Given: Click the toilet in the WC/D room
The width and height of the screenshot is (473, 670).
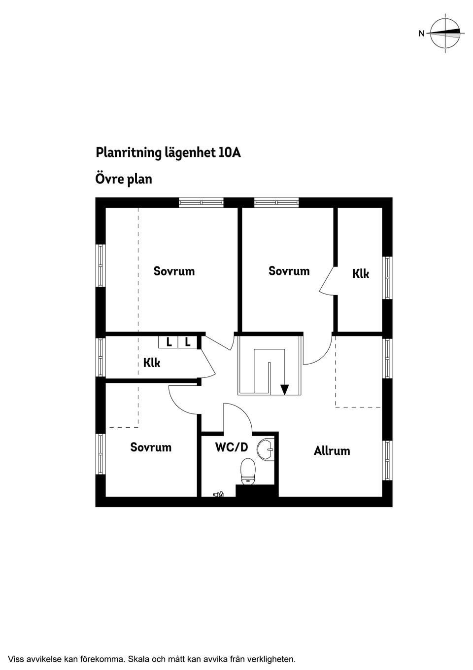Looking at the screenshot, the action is click(248, 472).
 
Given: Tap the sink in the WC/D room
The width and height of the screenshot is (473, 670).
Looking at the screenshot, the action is click(266, 449).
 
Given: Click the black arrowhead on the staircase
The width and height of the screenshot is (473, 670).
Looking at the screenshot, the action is click(285, 389).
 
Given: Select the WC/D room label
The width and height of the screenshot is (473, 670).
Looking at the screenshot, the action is click(232, 447).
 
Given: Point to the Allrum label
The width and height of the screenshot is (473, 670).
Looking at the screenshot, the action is click(332, 451).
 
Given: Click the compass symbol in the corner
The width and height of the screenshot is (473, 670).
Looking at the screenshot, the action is click(445, 33).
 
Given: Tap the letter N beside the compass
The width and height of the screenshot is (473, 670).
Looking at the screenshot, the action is click(421, 34).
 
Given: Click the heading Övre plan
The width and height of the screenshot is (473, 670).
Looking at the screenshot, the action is click(124, 179).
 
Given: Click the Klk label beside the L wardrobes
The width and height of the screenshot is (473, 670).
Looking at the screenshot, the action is click(152, 363).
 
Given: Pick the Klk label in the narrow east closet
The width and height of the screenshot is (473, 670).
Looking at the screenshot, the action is click(361, 274).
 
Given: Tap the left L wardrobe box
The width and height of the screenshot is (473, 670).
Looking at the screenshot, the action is click(168, 342).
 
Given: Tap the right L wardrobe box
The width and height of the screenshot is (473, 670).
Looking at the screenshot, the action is click(188, 342).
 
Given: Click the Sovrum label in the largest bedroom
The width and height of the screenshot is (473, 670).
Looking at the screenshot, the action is click(174, 271).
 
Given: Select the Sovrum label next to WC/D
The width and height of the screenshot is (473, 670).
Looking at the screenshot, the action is click(151, 447).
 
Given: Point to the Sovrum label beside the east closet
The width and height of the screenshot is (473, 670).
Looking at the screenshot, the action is click(289, 271).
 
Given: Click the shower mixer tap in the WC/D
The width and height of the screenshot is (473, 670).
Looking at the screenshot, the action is click(219, 494).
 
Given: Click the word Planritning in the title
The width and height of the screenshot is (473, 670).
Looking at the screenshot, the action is click(129, 153).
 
